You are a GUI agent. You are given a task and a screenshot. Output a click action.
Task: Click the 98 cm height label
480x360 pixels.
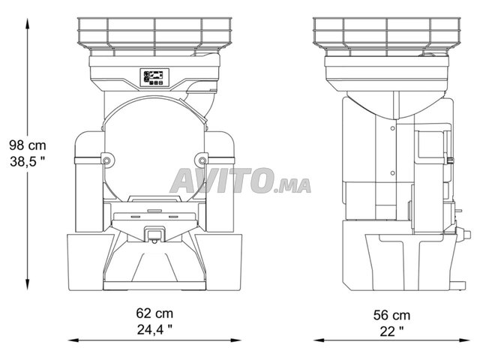[x=28, y=145]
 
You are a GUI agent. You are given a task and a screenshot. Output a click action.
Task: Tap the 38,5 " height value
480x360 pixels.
[x=27, y=162]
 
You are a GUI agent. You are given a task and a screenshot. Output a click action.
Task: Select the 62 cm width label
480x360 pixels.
[x=154, y=313]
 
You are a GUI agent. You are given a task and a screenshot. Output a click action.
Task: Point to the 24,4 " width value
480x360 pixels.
[x=154, y=330]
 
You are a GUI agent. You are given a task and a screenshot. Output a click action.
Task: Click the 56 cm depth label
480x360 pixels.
[x=391, y=315]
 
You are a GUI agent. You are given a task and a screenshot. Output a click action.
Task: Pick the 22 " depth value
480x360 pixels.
[x=391, y=331]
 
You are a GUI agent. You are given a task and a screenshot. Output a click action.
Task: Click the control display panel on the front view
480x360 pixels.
[x=154, y=77]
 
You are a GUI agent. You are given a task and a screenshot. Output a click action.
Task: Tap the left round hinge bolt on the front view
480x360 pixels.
[x=106, y=160]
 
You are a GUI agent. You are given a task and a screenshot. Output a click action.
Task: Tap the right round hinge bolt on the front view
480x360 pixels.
[x=202, y=160]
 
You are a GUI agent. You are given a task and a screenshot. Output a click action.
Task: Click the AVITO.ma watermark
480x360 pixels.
[x=240, y=181]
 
